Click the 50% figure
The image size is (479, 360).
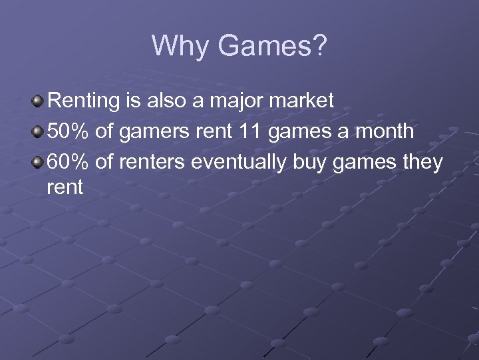(69, 131)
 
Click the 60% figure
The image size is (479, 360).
(69, 162)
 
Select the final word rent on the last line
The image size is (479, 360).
(65, 188)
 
